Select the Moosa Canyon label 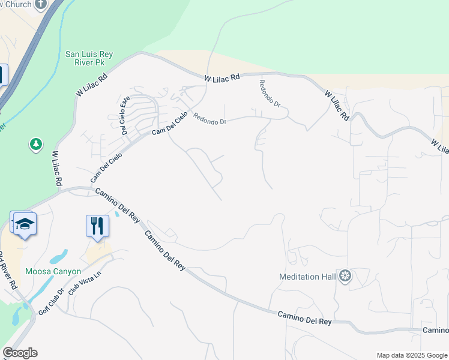(x=53, y=271)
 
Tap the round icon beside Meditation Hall (x=345, y=276)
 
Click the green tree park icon (x=36, y=144)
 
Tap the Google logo (x=20, y=353)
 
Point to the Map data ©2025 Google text (x=411, y=355)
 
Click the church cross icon (x=41, y=4)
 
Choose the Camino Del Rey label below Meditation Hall (x=304, y=318)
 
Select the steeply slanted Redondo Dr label (x=270, y=93)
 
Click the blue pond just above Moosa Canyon (x=59, y=257)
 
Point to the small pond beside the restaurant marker (x=116, y=214)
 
